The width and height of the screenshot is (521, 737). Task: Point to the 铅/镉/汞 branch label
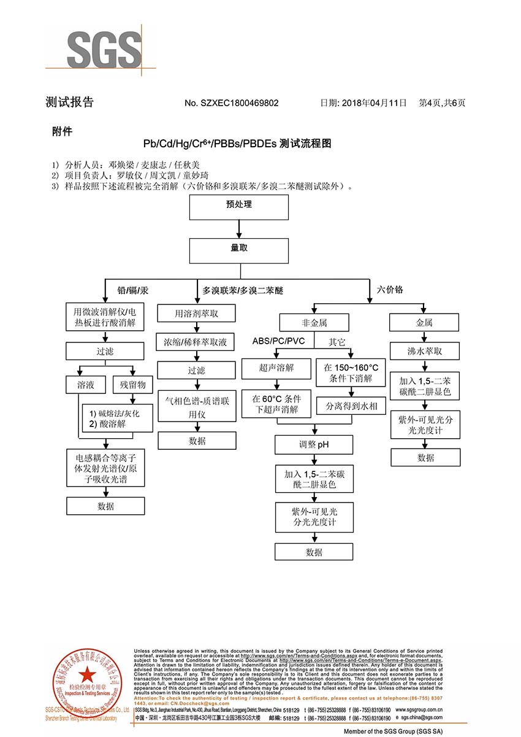coord(132,289)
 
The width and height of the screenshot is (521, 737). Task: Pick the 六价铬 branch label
coord(390,289)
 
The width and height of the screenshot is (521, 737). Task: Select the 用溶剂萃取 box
coord(197,314)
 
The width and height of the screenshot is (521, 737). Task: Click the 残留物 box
coord(132,385)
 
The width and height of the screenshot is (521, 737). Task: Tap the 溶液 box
coord(86,385)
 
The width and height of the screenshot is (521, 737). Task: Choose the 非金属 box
coord(314,322)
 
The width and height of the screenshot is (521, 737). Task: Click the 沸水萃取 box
coord(425,352)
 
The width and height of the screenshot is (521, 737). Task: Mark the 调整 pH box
coord(314,444)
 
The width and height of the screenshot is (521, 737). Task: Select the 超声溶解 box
coord(276,368)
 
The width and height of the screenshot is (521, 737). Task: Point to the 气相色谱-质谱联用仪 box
coord(197,406)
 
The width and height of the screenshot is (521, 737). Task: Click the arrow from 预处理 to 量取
coord(239,229)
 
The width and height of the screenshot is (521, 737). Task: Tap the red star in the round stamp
coord(86,673)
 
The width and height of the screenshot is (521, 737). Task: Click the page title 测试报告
coord(70,102)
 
